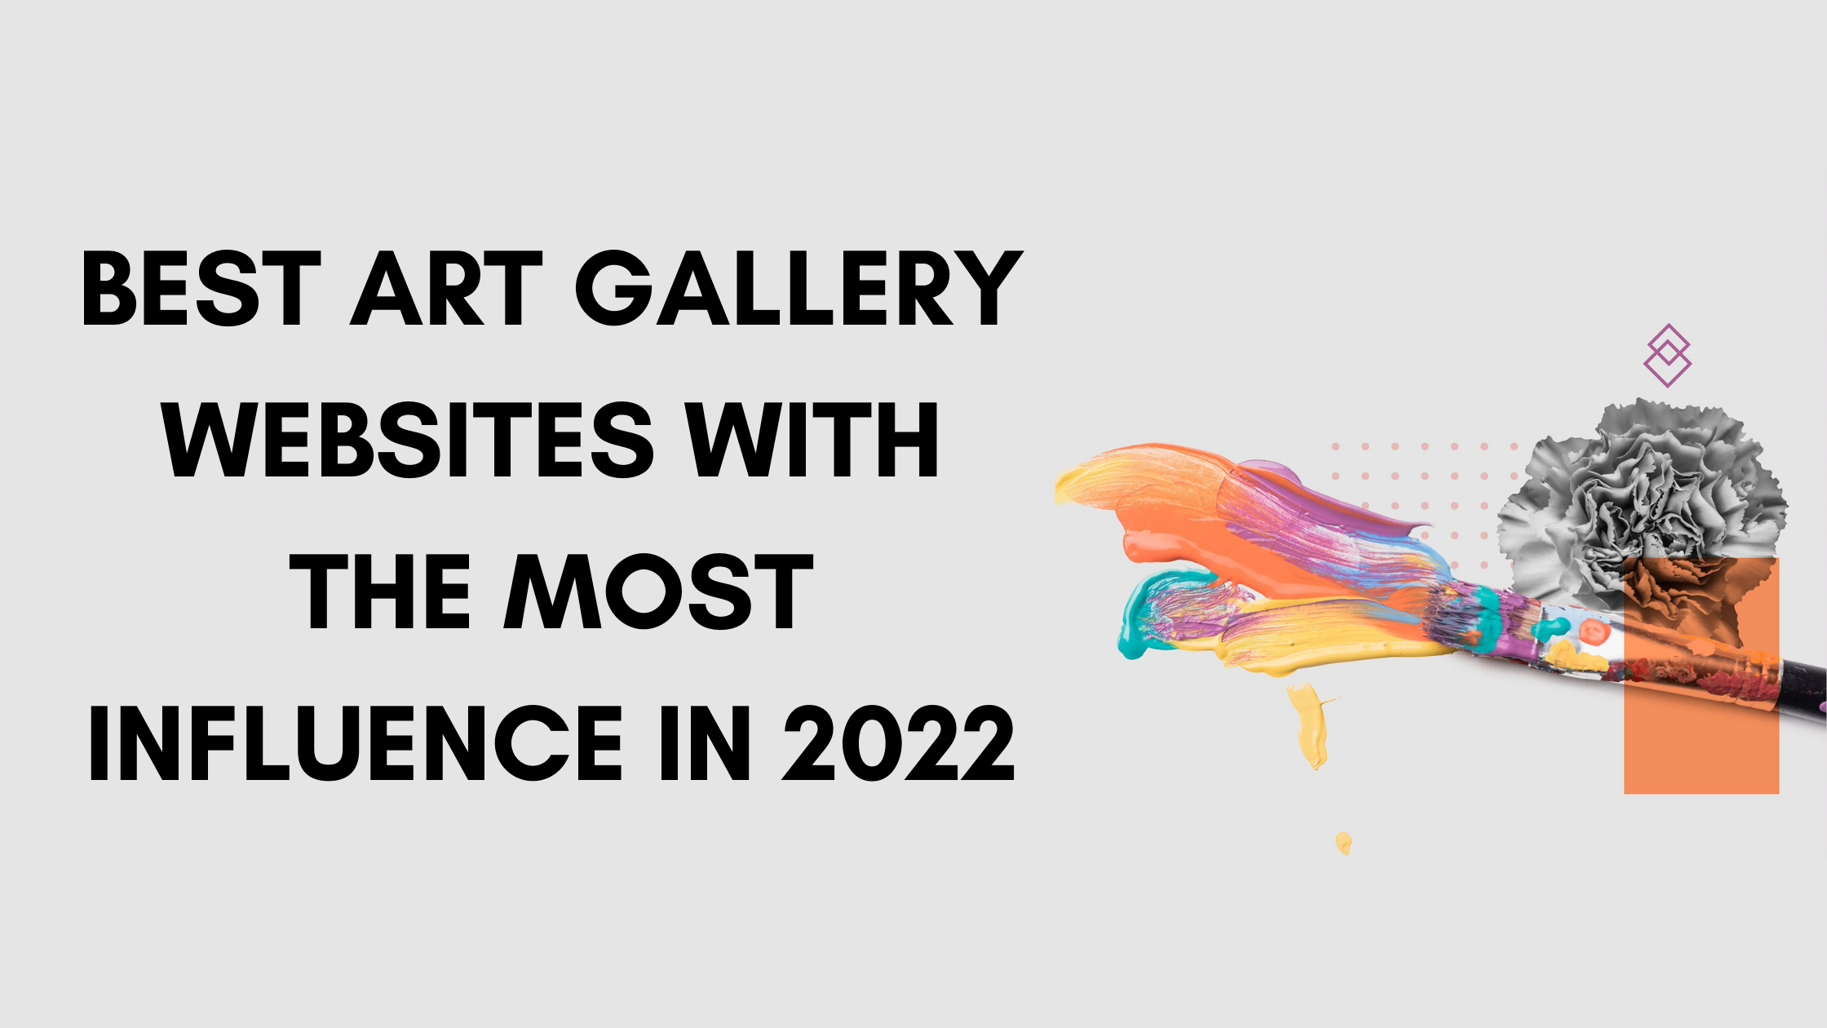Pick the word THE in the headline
tap(380, 592)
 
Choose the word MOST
tap(659, 592)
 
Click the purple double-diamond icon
tap(1667, 356)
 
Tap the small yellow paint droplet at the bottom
tap(1343, 842)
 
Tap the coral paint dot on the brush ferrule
tap(1591, 631)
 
